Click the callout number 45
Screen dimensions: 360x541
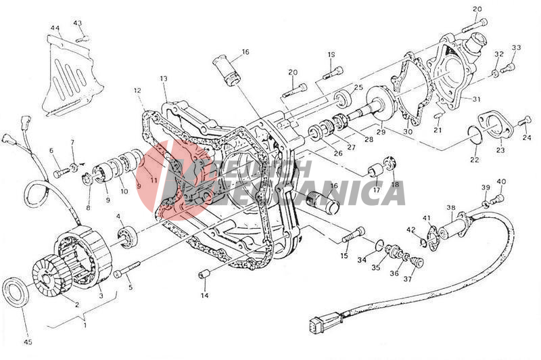coord(28,342)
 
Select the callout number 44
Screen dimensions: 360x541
coord(55,28)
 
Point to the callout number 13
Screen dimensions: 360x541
coord(163,79)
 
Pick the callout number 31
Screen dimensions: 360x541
coord(476,99)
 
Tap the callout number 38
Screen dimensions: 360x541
coord(450,208)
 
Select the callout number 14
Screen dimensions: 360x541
coord(204,296)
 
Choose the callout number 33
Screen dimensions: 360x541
coord(517,47)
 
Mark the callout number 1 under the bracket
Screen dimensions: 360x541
coord(85,324)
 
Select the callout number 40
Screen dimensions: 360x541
coord(500,181)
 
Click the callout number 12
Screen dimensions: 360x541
coord(137,89)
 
